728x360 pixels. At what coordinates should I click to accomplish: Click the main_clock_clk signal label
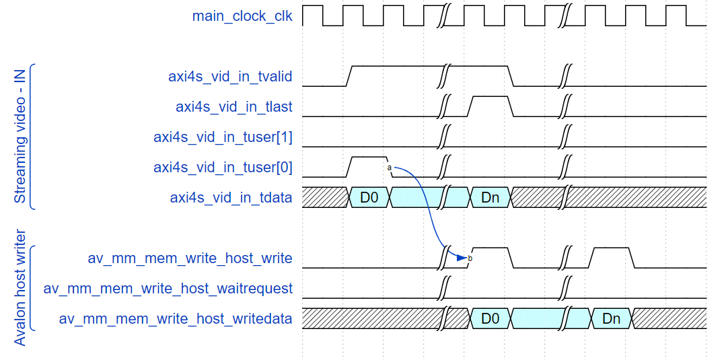[x=242, y=16]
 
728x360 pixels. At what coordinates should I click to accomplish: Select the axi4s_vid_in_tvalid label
[x=230, y=77]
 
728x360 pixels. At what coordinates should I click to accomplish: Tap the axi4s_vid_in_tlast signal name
[x=234, y=107]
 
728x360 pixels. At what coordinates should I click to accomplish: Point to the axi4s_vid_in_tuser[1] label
[x=223, y=137]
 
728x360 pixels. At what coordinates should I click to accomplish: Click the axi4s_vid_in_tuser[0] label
[x=223, y=168]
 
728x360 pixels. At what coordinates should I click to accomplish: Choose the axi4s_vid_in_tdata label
[x=231, y=198]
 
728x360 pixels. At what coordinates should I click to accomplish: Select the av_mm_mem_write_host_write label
[x=190, y=258]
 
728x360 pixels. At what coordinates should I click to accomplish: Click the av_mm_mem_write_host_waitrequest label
[x=168, y=289]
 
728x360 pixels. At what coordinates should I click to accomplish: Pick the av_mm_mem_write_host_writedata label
[x=176, y=319]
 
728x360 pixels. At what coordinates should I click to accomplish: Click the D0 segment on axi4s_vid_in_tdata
[x=369, y=198]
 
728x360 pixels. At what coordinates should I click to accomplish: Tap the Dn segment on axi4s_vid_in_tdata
[x=490, y=198]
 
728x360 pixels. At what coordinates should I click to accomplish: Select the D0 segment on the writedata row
[x=490, y=319]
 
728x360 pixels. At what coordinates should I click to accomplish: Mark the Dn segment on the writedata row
[x=611, y=319]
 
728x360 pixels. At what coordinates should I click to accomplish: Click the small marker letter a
[x=390, y=167]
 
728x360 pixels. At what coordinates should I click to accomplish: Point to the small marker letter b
[x=470, y=258]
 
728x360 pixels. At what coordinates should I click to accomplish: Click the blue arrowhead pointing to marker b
[x=461, y=257]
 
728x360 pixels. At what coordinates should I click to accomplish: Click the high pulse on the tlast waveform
[x=490, y=97]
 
